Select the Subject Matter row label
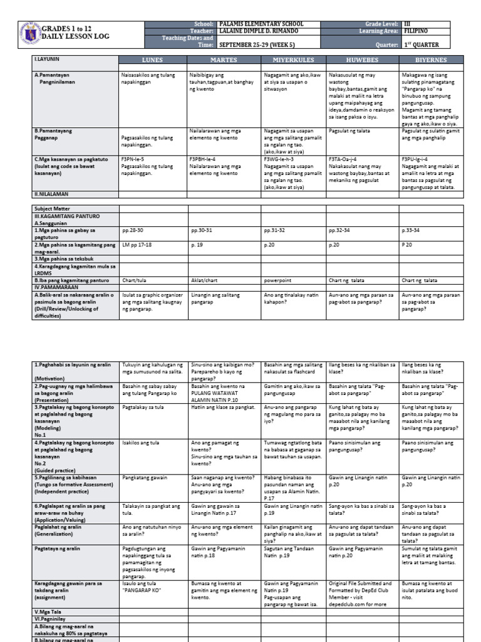pyautogui.click(x=53, y=209)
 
